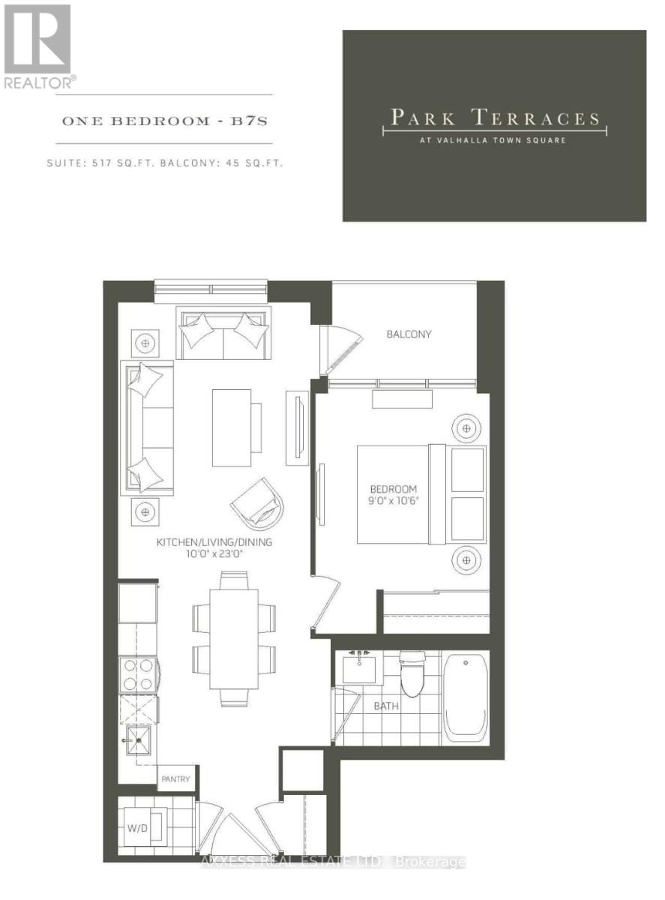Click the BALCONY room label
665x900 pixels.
pyautogui.click(x=409, y=334)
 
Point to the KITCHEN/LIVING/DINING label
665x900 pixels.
pyautogui.click(x=214, y=541)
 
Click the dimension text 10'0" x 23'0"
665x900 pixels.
pyautogui.click(x=214, y=555)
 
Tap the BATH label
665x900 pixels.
pyautogui.click(x=387, y=706)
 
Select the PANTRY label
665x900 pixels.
pyautogui.click(x=177, y=779)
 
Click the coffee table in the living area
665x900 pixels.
pyautogui.click(x=232, y=427)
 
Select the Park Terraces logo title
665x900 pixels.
pyautogui.click(x=494, y=118)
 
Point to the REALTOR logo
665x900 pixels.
pyautogui.click(x=38, y=45)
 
